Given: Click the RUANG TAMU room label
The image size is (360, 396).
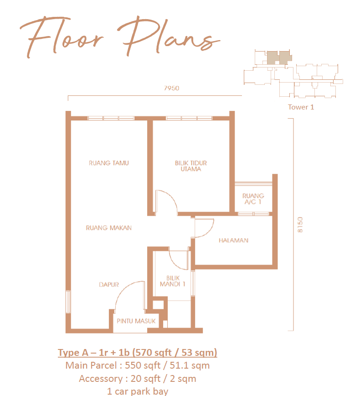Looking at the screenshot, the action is click(x=109, y=163).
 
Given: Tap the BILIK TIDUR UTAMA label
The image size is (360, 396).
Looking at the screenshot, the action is click(x=191, y=166).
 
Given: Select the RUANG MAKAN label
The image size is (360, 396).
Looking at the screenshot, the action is click(x=109, y=228).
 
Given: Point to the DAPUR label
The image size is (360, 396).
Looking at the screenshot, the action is click(x=109, y=285).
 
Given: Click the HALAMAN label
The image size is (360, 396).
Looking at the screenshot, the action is click(x=233, y=240).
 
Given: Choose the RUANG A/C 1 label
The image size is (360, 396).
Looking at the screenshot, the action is click(x=253, y=199).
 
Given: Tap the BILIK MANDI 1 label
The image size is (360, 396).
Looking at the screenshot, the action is click(x=173, y=281).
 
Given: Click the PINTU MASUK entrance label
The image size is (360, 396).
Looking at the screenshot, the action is click(x=136, y=321).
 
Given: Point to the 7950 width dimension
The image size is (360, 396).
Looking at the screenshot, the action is click(x=171, y=88).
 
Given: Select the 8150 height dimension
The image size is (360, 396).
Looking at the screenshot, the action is click(x=300, y=224).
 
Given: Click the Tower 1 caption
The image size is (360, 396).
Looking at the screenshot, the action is click(x=301, y=107).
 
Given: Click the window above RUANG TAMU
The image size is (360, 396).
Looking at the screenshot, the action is click(x=111, y=118).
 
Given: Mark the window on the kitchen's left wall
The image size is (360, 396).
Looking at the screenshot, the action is click(x=68, y=302).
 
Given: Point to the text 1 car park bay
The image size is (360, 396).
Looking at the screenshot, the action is click(x=138, y=391).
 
